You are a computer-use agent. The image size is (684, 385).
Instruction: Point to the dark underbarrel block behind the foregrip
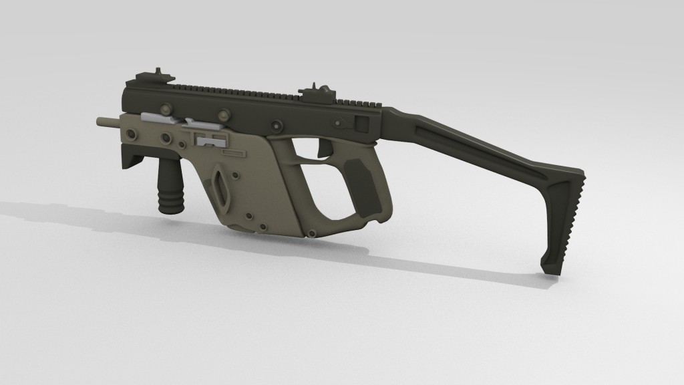click(132, 160)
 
